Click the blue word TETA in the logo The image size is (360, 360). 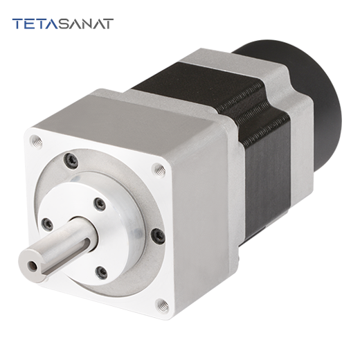[x=35, y=24]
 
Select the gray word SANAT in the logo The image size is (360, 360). [x=85, y=24]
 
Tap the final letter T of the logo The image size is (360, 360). [x=107, y=24]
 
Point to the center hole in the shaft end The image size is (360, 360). [x=32, y=265]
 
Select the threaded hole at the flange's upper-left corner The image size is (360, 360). [x=37, y=141]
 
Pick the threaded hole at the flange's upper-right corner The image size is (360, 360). [x=159, y=170]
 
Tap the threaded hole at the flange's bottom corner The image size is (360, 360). [x=162, y=305]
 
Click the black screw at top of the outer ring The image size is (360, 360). [x=71, y=160]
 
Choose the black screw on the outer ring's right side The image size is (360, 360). [x=158, y=236]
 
